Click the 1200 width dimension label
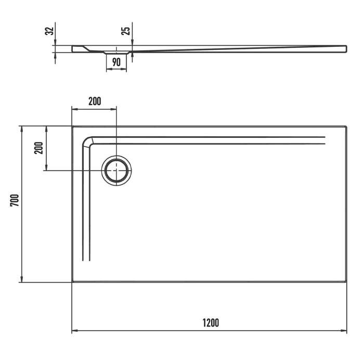[211, 323]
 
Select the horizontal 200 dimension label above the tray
[94, 101]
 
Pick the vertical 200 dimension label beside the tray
[38, 148]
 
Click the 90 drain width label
[116, 62]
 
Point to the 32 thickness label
[49, 31]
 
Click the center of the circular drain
[116, 170]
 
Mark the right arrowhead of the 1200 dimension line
[344, 331]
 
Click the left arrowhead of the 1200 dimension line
[74, 331]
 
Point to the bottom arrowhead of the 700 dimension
[21, 280]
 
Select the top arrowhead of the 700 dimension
[21, 128]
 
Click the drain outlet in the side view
[116, 53]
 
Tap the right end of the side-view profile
[345, 48]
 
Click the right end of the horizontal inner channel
[324, 140]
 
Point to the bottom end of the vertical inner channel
[86, 259]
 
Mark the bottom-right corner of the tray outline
[346, 281]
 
